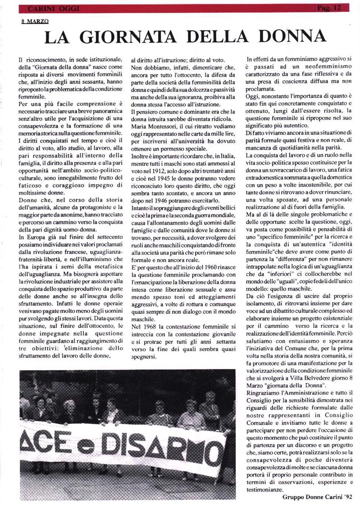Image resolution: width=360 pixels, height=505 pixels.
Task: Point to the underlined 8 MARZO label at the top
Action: click(35, 21)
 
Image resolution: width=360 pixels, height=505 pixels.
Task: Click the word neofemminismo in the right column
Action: click(301, 67)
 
